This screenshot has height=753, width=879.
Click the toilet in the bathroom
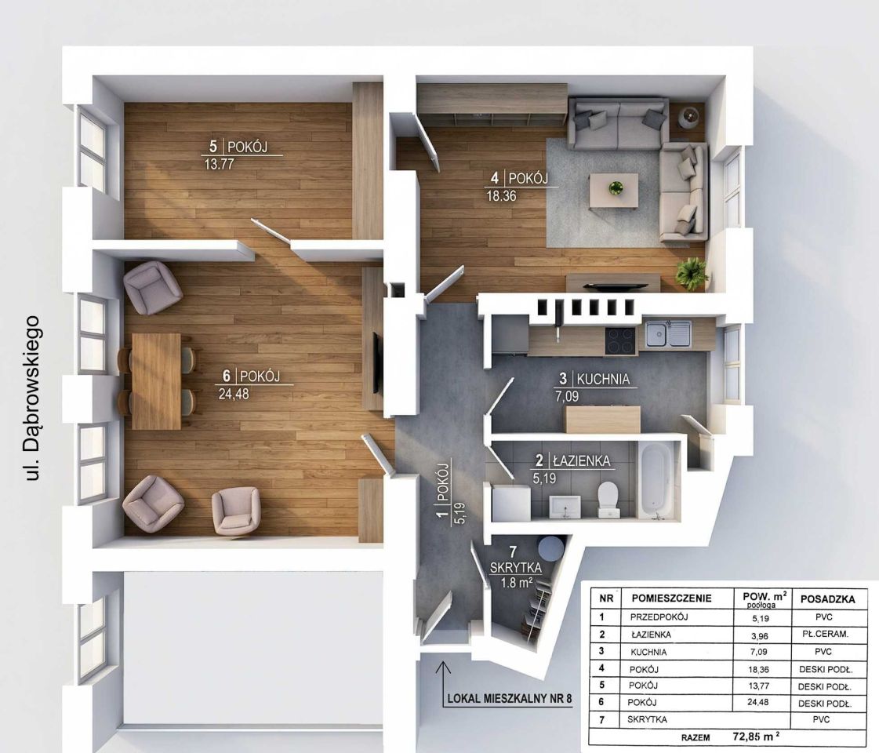click(608, 500)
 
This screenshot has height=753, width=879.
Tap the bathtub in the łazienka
click(654, 479)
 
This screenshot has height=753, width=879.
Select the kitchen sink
click(668, 333)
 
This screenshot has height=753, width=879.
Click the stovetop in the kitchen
click(620, 340)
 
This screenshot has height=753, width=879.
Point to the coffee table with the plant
click(613, 191)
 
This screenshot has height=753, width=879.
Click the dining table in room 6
click(156, 381)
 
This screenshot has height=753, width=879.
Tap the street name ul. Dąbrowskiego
click(32, 398)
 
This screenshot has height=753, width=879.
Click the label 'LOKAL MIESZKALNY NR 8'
click(509, 699)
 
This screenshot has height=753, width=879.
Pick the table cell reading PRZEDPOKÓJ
click(659, 617)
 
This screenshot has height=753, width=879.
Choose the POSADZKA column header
click(827, 598)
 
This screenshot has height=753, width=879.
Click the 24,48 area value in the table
click(758, 702)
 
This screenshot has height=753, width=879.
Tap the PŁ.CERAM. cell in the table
click(825, 634)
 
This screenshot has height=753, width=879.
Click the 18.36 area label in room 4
click(501, 195)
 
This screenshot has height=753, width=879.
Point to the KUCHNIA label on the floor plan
click(603, 379)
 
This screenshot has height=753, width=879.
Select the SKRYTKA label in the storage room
click(516, 568)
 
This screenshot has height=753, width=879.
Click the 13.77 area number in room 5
click(220, 164)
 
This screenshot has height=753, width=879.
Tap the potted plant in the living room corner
click(692, 273)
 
